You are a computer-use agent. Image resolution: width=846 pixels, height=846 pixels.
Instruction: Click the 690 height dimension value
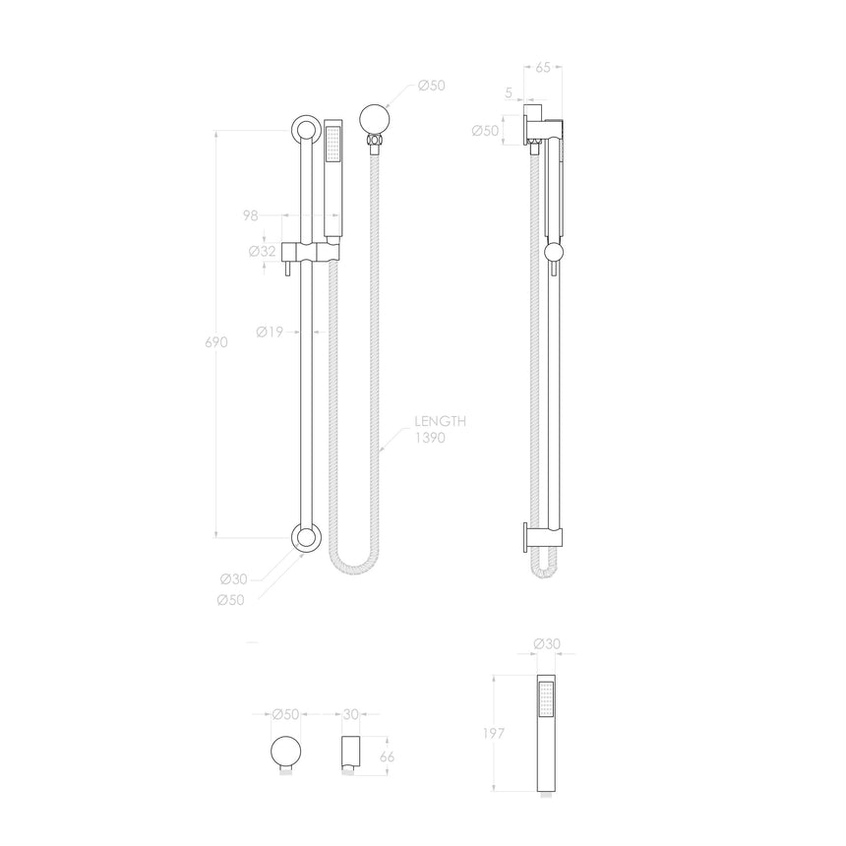(216, 342)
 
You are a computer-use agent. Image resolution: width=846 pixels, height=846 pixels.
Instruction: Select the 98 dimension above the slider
(252, 214)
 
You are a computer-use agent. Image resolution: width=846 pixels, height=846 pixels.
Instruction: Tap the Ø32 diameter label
(262, 251)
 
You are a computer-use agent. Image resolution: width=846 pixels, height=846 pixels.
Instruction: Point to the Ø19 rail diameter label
(270, 332)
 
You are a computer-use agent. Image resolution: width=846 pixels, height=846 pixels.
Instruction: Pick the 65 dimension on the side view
(543, 68)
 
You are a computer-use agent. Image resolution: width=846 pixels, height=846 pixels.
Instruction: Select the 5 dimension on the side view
(508, 94)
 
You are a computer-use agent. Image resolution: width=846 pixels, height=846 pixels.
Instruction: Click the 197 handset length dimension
(503, 734)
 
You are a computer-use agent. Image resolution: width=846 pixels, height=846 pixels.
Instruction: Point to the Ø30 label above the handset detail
(546, 643)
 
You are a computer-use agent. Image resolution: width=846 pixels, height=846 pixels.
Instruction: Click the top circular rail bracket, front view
(304, 130)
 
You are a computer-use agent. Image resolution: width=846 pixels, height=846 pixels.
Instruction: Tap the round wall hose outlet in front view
(373, 120)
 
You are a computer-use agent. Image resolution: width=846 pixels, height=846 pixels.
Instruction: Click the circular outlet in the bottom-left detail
(286, 753)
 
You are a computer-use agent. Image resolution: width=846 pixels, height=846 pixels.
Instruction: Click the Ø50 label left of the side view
(485, 130)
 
